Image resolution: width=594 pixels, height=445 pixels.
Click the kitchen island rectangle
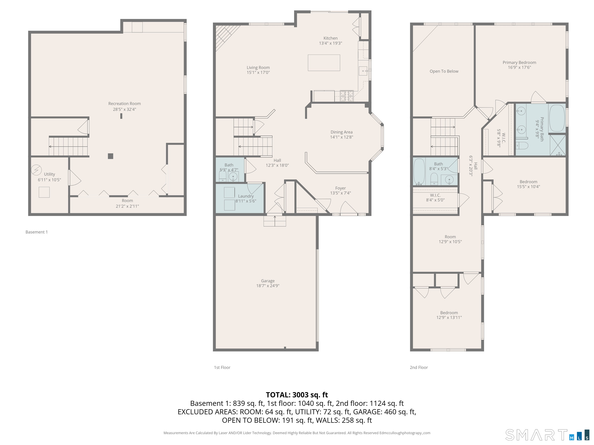[324, 63]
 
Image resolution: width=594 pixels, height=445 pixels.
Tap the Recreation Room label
[124, 104]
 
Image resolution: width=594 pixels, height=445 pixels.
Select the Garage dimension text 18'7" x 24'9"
[268, 286]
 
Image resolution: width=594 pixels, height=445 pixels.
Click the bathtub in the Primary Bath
[557, 118]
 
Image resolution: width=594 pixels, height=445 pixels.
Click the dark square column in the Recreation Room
[110, 156]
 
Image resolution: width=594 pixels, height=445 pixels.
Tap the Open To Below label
[444, 71]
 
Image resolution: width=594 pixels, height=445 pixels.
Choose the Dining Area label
[342, 132]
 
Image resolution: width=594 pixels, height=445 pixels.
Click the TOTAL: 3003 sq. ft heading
[297, 395]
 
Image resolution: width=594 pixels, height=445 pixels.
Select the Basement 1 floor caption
[37, 232]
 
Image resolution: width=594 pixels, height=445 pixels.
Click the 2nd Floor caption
[419, 368]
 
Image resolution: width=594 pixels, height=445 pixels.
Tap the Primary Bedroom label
[519, 63]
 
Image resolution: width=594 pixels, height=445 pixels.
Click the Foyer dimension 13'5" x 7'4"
[341, 193]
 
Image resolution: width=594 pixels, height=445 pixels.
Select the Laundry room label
[246, 196]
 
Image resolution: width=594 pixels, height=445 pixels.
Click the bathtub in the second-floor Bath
[419, 172]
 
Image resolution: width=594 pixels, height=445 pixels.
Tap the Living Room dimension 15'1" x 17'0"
[258, 72]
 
